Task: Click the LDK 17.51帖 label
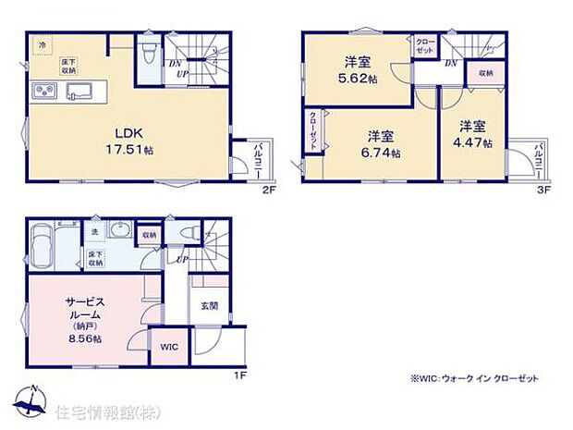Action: tap(126, 140)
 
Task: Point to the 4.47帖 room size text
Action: tap(473, 142)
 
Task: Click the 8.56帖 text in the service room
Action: tap(83, 338)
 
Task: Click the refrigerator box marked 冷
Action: tap(41, 44)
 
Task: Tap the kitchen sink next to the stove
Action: tap(78, 91)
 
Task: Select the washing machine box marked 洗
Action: tap(94, 232)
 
